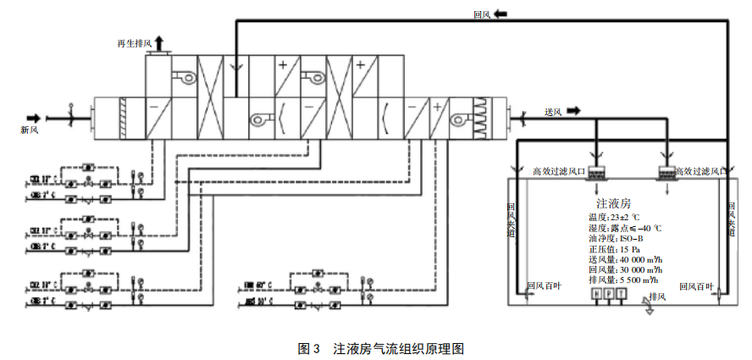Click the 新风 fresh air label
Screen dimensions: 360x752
pyautogui.click(x=30, y=130)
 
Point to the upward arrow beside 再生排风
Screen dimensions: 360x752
pyautogui.click(x=158, y=43)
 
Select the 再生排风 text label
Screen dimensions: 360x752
pyautogui.click(x=133, y=42)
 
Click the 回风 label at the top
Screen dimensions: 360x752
pyautogui.click(x=484, y=14)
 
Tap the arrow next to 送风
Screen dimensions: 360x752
pyautogui.click(x=572, y=111)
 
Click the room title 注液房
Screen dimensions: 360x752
pyautogui.click(x=613, y=204)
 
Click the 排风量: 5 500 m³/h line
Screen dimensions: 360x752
pyautogui.click(x=622, y=280)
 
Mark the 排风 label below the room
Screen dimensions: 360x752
pyautogui.click(x=658, y=296)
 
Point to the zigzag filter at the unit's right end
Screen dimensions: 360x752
pyautogui.click(x=482, y=118)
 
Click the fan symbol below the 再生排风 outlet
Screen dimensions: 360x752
pyautogui.click(x=184, y=77)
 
